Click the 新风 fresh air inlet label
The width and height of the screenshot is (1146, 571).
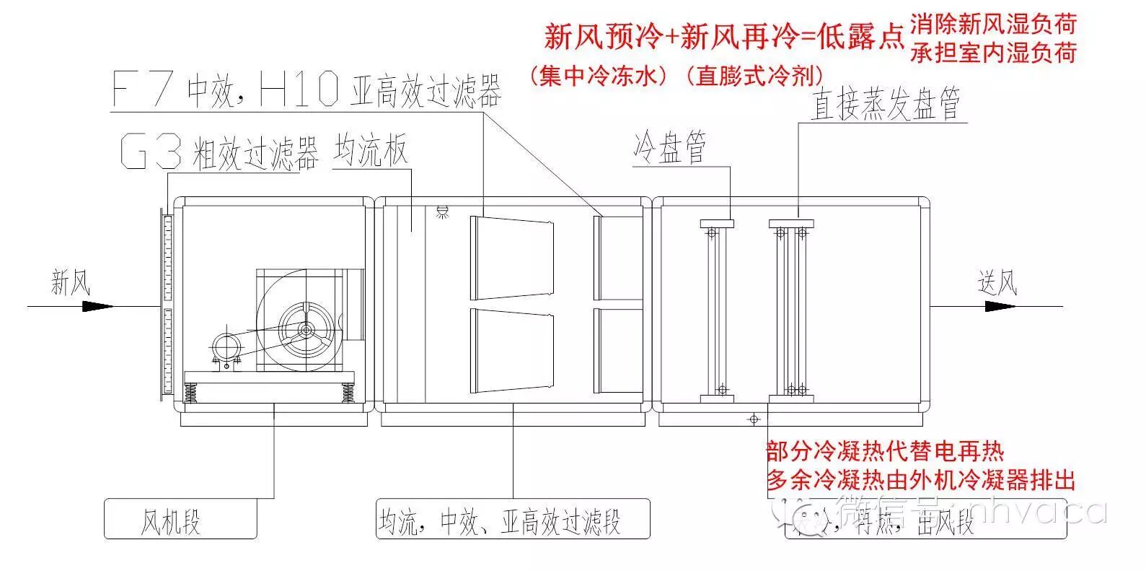pos(70,282)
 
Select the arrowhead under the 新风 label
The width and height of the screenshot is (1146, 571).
pos(97,306)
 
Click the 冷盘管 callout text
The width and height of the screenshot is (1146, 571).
pos(670,147)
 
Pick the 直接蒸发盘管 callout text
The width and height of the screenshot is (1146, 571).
pos(886,105)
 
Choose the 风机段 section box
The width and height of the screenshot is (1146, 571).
pos(180,518)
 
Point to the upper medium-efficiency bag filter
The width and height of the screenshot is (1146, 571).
pos(512,258)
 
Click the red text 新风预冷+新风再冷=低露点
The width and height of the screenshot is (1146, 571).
pos(723,36)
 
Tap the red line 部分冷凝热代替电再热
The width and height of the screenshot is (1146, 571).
pos(885,453)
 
